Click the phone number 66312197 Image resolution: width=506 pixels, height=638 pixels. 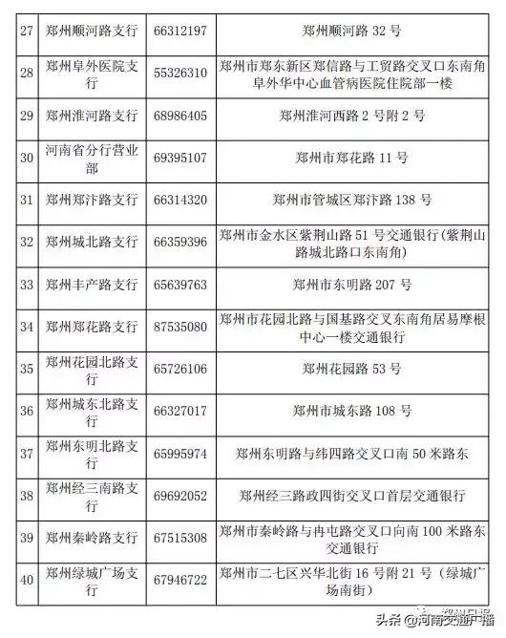pyautogui.click(x=179, y=32)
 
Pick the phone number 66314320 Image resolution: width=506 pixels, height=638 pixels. pyautogui.click(x=179, y=200)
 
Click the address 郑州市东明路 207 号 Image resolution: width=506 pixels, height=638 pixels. pyautogui.click(x=351, y=284)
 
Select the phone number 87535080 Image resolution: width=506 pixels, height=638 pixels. pyautogui.click(x=179, y=326)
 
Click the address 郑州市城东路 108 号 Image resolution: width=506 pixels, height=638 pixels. pyautogui.click(x=351, y=411)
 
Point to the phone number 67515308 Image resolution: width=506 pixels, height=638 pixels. pyautogui.click(x=179, y=538)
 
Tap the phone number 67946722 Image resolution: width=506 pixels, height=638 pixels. pyautogui.click(x=179, y=580)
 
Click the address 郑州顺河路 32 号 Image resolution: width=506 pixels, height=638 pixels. pyautogui.click(x=351, y=32)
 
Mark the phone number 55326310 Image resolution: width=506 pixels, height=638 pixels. pyautogui.click(x=179, y=73)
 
